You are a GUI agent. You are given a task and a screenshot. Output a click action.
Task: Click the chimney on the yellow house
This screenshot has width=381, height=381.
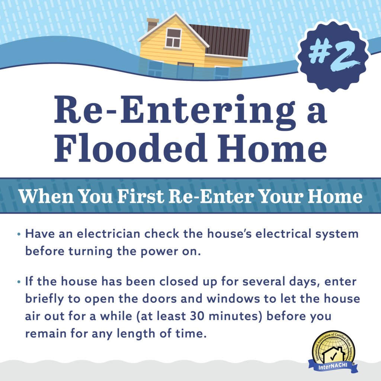[x=152, y=25]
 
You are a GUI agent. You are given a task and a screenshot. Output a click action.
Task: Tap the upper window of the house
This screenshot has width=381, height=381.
[x=173, y=38]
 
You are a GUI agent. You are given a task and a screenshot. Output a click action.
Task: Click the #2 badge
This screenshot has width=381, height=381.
[x=333, y=56]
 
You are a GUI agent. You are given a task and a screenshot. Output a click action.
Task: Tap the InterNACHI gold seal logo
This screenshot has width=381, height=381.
[x=333, y=352]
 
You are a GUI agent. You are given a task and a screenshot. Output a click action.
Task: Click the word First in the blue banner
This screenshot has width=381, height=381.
[x=140, y=196]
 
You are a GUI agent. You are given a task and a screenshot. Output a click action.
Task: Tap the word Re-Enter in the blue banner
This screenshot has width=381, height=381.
[x=211, y=196]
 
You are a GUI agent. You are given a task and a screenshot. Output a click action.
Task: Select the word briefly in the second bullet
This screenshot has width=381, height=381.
[x=45, y=299]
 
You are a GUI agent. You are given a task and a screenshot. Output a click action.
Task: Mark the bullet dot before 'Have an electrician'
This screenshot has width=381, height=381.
[x=19, y=234]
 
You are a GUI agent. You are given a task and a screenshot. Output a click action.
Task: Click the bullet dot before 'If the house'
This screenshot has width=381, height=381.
[x=19, y=282]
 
